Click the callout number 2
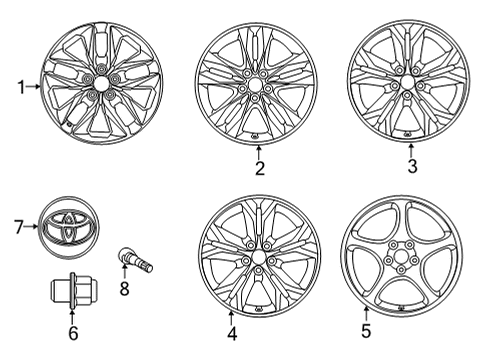[x=259, y=168]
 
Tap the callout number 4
[x=230, y=334]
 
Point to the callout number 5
[x=365, y=329]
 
